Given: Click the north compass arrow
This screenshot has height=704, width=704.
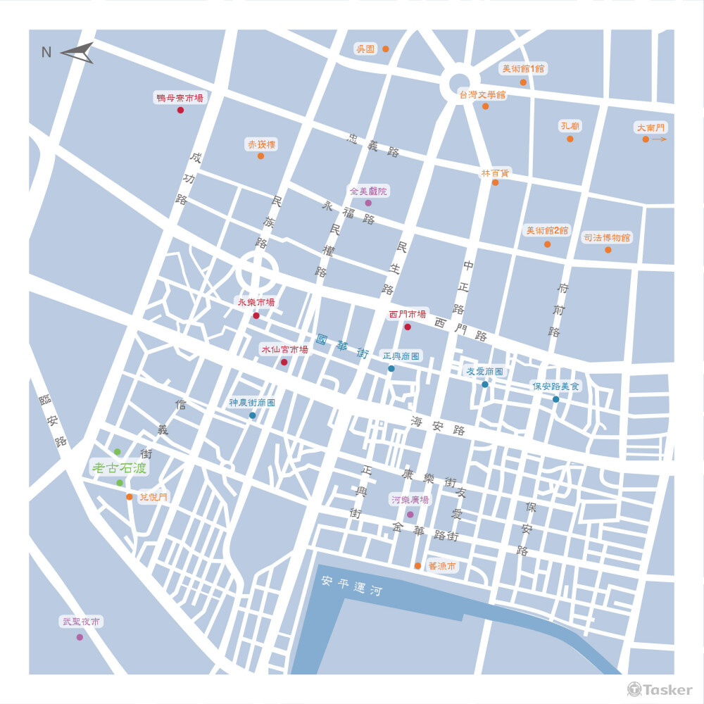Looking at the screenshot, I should click(77, 53).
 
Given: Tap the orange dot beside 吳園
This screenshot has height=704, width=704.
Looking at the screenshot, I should click(385, 49).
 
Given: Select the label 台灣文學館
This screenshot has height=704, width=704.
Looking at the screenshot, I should click(482, 94).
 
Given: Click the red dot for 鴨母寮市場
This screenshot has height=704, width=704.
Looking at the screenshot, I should click(180, 110).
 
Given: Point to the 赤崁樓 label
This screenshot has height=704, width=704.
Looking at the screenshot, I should click(260, 144).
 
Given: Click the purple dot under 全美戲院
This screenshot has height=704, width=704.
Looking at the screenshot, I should click(367, 203).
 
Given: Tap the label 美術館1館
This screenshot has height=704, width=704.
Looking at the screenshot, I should click(522, 69).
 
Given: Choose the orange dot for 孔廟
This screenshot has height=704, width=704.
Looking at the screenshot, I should click(570, 139).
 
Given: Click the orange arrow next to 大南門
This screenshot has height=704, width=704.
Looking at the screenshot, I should click(659, 139).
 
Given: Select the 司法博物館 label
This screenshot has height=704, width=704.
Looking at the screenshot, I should click(607, 238).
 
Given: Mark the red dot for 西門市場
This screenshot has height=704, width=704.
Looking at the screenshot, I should click(407, 327).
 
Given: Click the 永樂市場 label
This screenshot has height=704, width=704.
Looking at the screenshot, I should click(256, 303).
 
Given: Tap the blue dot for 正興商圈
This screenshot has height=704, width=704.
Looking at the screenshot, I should click(391, 368).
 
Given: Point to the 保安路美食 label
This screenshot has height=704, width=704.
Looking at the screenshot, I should click(555, 386).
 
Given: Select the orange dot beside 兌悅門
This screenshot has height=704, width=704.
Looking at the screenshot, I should click(129, 496).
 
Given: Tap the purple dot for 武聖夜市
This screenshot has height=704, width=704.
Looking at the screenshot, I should click(80, 637).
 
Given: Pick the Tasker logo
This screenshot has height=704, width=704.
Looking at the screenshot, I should click(660, 690).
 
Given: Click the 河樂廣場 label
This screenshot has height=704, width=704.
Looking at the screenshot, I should click(410, 500).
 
